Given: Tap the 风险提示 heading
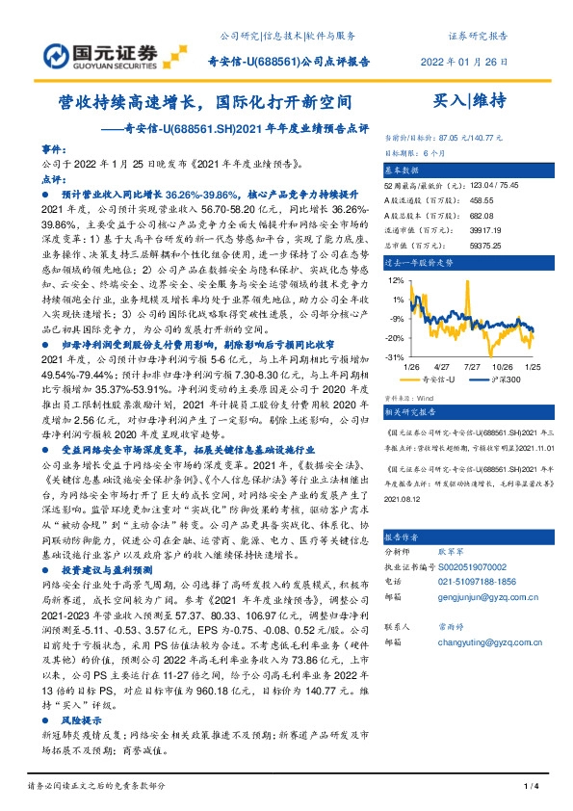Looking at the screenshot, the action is pos(81,719).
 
